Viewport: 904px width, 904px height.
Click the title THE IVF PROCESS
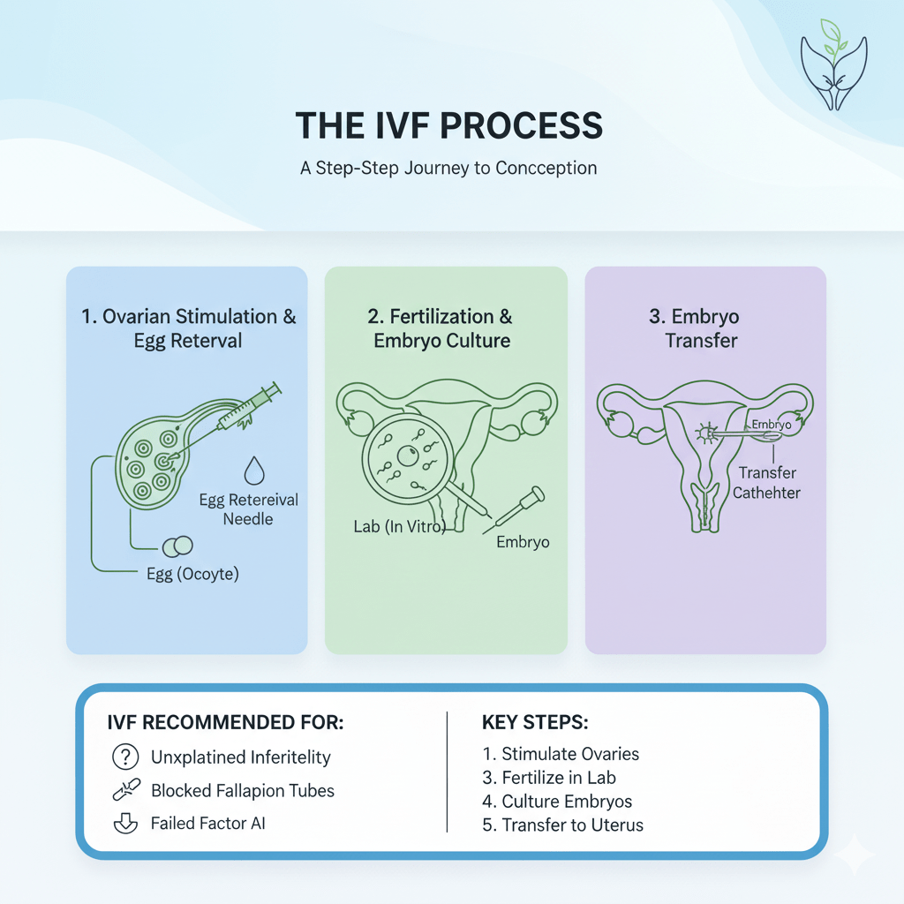449,125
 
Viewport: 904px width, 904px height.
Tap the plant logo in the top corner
833,64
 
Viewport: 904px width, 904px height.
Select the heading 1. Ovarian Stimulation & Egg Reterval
188,328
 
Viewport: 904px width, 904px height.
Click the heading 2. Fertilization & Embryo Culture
441,328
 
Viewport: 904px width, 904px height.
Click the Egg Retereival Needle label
248,509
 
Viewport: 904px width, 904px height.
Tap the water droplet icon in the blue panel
254,471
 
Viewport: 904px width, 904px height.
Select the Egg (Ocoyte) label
192,574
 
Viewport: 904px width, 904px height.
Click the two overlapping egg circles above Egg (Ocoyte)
177,546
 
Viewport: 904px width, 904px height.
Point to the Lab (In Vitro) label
400,526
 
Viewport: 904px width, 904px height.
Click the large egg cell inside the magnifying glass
408,456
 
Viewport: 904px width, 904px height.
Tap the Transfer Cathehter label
767,483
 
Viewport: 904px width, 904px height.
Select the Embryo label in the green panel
523,542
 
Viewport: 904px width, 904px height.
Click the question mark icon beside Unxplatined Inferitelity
125,757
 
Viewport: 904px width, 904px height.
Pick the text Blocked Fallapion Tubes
243,790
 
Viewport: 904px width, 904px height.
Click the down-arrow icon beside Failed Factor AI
125,824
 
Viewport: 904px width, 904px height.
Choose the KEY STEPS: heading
535,722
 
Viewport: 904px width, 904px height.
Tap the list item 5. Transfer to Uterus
562,825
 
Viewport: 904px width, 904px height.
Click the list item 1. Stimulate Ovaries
561,754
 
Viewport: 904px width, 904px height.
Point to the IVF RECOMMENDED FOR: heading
225,722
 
